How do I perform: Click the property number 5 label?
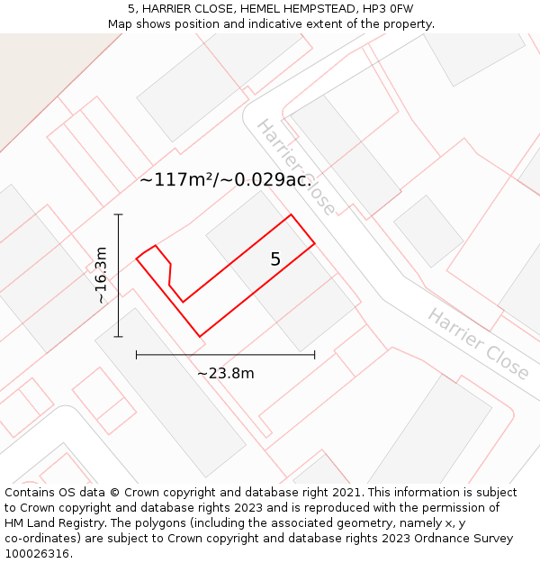[275, 259]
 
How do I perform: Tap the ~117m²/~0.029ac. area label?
[226, 179]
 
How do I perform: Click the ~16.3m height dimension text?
[102, 275]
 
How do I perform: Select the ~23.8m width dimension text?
[225, 373]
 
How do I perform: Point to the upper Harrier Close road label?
[296, 167]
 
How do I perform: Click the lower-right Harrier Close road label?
[477, 343]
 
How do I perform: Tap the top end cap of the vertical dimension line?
[118, 214]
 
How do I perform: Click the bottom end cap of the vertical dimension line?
[118, 337]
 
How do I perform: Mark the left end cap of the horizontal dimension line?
[136, 355]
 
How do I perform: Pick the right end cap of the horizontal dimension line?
[315, 355]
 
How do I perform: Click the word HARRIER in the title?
[171, 8]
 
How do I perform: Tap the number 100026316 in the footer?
[36, 554]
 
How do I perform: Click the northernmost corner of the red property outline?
[291, 214]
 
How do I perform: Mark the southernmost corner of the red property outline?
[199, 337]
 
